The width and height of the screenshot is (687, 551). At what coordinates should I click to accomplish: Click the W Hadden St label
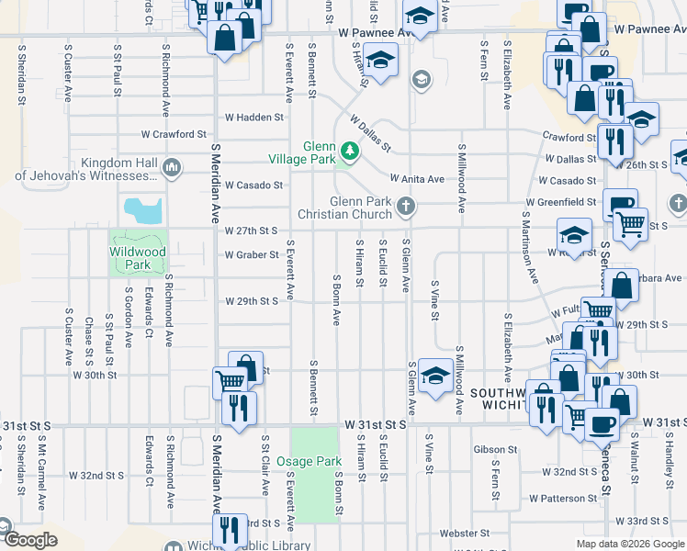253,118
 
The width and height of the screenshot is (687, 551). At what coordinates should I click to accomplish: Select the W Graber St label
252,254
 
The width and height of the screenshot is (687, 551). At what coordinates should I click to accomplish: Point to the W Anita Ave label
417,179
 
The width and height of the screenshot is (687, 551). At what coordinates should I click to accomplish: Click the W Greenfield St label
561,201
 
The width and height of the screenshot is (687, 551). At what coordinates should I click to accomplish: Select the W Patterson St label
563,498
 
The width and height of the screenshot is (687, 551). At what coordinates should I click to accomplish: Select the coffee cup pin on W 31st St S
603,423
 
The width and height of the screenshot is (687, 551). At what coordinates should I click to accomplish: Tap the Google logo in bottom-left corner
29,540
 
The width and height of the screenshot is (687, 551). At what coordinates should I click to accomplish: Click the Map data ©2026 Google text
630,544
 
